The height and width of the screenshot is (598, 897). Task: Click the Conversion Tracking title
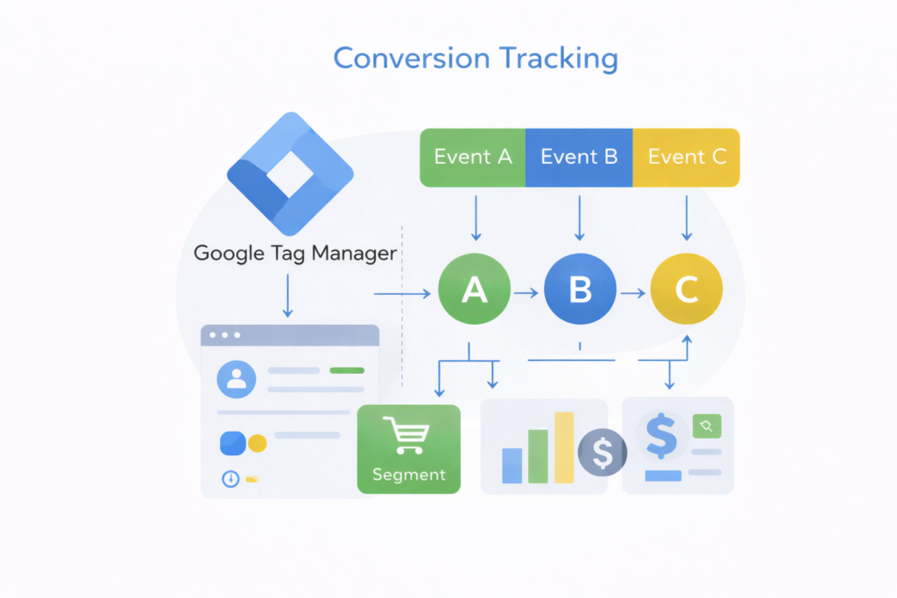tap(476, 59)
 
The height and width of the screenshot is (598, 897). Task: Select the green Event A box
tap(473, 158)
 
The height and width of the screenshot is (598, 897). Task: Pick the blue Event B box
tap(579, 158)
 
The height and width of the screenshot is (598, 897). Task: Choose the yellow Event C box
tap(687, 158)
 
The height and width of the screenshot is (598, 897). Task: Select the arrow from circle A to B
tap(526, 293)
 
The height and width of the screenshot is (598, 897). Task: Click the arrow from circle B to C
tap(632, 293)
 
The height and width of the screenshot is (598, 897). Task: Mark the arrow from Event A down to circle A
tap(476, 219)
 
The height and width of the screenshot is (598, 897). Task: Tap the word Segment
tap(409, 475)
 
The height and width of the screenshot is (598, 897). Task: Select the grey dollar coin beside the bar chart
tap(603, 452)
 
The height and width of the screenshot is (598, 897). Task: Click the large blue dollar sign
tap(660, 436)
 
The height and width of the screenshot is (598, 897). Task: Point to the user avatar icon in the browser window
tap(236, 378)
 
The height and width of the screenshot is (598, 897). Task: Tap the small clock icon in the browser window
tap(230, 479)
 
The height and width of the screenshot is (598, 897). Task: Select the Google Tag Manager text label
tap(295, 254)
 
